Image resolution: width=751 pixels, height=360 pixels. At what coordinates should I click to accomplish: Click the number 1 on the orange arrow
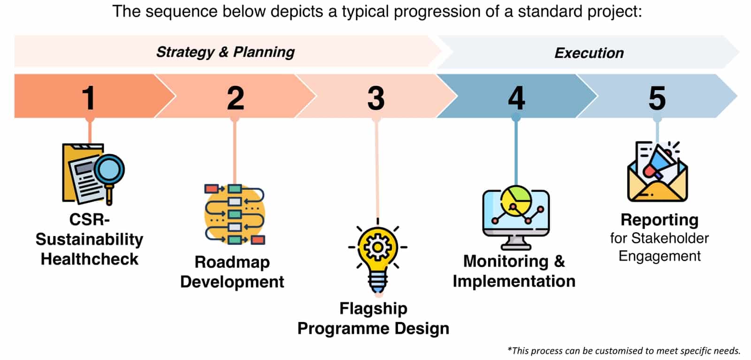pos(88,98)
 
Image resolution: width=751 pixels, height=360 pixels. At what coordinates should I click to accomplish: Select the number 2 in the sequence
pos(235,98)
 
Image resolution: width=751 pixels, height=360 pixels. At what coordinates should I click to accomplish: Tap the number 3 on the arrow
pos(375,98)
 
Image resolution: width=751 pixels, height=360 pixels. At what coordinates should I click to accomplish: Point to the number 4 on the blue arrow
pos(516,98)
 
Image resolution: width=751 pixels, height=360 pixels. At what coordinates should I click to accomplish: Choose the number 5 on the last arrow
pos(657,98)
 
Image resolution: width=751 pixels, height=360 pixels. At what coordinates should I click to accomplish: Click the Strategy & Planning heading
pos(225,52)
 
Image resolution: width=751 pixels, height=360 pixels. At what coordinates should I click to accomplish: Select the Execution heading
pos(589,53)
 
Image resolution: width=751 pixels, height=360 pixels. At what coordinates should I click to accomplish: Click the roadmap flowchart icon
pos(235,214)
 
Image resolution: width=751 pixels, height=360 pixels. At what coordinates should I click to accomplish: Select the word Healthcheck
pos(89,259)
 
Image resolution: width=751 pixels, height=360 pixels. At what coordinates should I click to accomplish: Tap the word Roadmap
pos(232,262)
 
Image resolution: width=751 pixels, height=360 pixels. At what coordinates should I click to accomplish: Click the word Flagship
pos(373,308)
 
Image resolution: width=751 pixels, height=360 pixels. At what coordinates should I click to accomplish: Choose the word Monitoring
pos(506,261)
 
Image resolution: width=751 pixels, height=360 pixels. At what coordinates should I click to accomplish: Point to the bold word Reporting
pos(659,220)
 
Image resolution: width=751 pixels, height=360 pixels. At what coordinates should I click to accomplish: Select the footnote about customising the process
pos(624,351)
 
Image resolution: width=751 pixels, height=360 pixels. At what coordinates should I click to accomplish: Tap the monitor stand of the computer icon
pos(516,243)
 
